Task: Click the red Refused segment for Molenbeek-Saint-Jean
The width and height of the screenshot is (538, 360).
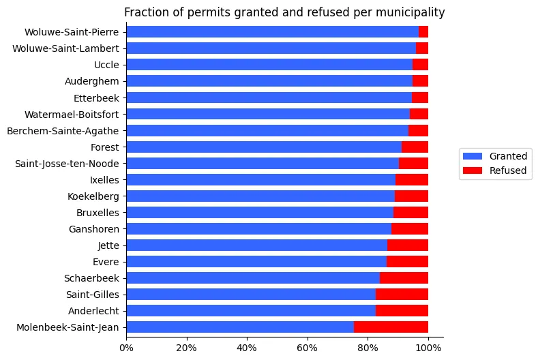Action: tap(391, 327)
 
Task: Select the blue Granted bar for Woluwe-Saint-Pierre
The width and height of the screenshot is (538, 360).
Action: tap(273, 31)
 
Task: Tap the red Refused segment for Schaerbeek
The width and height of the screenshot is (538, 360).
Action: tap(404, 278)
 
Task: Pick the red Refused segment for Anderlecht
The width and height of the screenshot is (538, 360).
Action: tap(402, 311)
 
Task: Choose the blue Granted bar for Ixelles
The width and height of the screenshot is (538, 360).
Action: tap(261, 179)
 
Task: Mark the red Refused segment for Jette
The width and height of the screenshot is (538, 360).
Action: tap(408, 245)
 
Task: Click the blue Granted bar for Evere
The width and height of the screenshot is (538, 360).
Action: tap(256, 262)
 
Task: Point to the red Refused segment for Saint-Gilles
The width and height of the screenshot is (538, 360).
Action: tap(402, 294)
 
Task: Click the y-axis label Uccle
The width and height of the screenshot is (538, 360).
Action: tap(106, 65)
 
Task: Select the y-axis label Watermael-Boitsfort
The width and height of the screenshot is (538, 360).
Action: tap(72, 115)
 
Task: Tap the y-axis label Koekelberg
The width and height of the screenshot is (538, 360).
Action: tap(93, 196)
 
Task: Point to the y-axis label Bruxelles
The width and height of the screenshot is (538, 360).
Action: tap(98, 213)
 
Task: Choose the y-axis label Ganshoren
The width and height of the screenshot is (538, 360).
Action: tap(94, 229)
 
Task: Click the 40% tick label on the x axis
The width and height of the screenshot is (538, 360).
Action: tap(247, 348)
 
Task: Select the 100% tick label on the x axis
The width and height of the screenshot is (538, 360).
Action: tap(428, 348)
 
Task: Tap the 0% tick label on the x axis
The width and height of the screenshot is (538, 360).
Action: tap(126, 348)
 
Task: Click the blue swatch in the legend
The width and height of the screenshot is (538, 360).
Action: tap(473, 156)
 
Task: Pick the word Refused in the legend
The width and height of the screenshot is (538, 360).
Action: tap(508, 170)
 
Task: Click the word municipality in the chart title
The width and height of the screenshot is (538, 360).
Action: tap(410, 12)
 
